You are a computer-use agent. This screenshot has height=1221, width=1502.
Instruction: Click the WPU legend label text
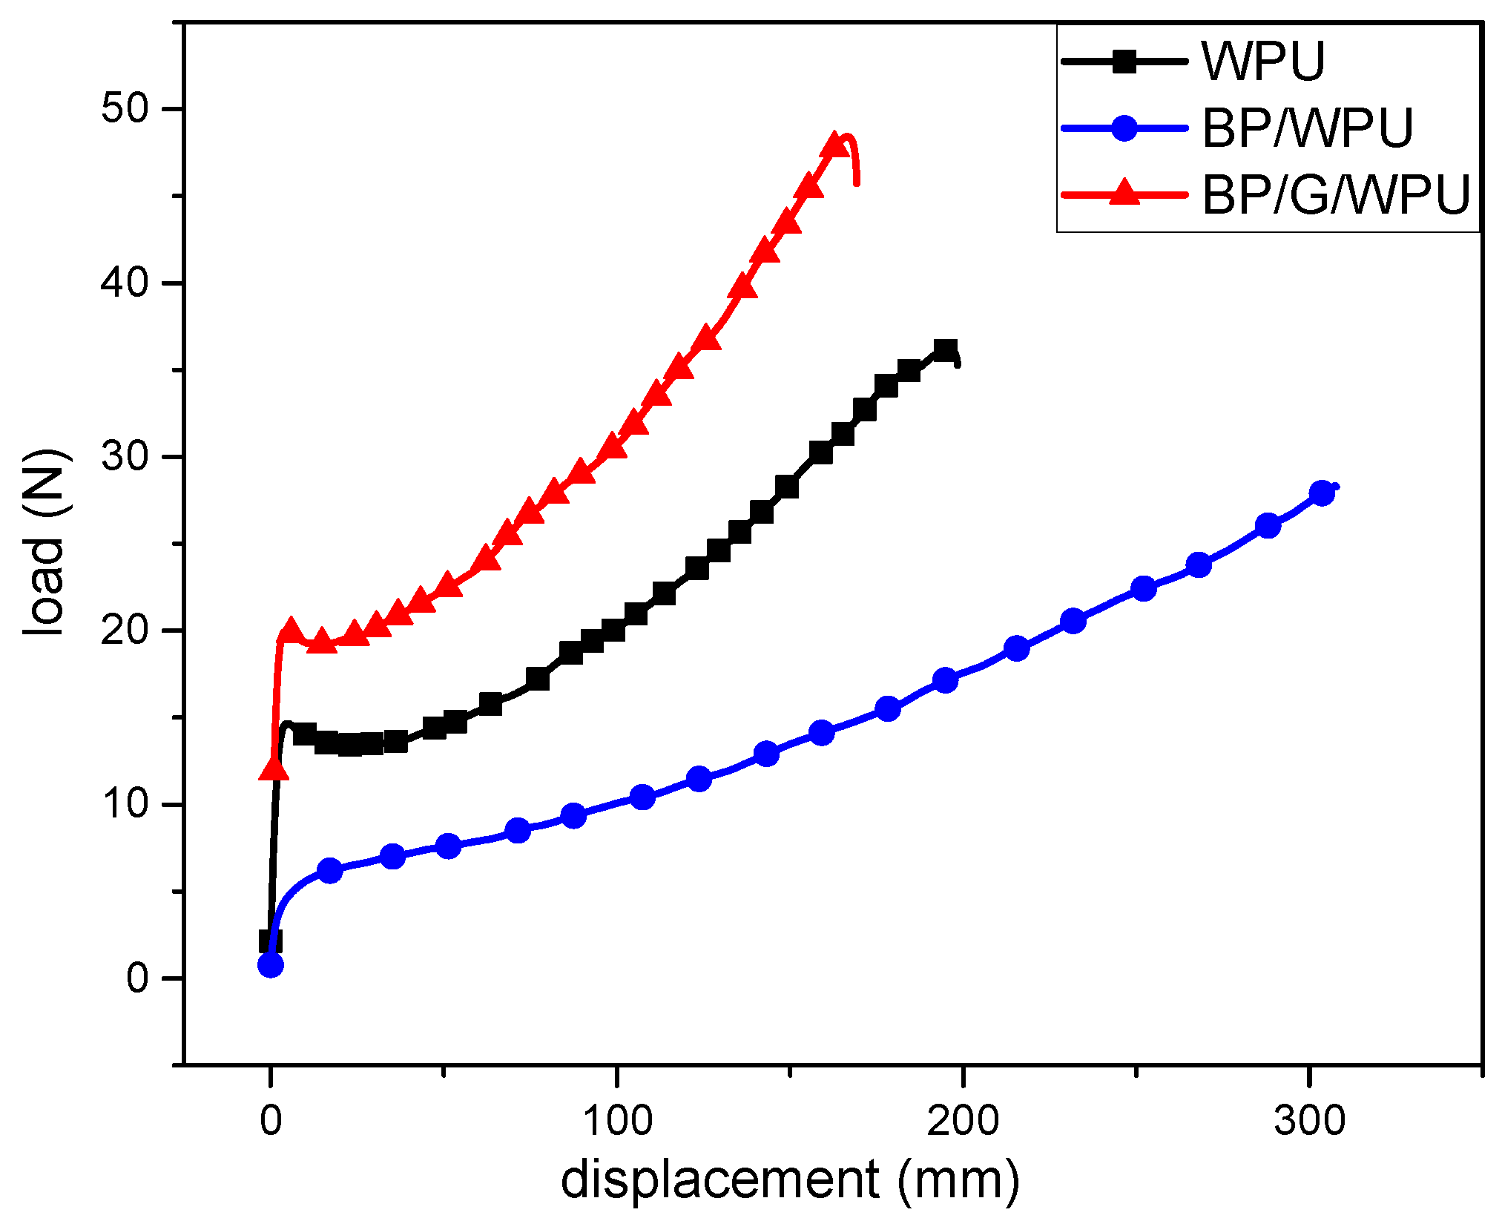(x=1263, y=61)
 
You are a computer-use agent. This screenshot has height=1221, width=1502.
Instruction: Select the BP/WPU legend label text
(x=1307, y=128)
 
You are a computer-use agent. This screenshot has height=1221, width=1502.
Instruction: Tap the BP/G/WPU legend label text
(x=1335, y=196)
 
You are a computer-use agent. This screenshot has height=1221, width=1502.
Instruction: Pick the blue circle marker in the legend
(x=1124, y=128)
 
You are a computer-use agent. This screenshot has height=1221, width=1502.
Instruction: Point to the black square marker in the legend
(x=1124, y=61)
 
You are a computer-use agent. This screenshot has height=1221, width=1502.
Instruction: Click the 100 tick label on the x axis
(x=616, y=1120)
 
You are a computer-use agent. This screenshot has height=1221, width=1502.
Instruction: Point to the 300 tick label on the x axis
(x=1309, y=1120)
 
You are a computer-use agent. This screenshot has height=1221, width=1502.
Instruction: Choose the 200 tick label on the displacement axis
(x=963, y=1120)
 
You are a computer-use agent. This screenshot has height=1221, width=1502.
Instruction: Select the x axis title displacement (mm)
(x=790, y=1180)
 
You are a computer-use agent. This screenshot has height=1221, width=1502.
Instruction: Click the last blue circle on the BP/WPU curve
(x=1322, y=493)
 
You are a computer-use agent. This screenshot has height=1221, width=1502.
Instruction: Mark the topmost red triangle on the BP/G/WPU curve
(x=835, y=144)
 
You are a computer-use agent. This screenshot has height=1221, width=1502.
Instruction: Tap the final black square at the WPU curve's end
(x=945, y=350)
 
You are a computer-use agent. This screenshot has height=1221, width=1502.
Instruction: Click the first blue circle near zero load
(x=271, y=965)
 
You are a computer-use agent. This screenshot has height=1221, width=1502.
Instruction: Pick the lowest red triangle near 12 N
(x=274, y=769)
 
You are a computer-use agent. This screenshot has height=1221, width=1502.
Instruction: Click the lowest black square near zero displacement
(x=270, y=941)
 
